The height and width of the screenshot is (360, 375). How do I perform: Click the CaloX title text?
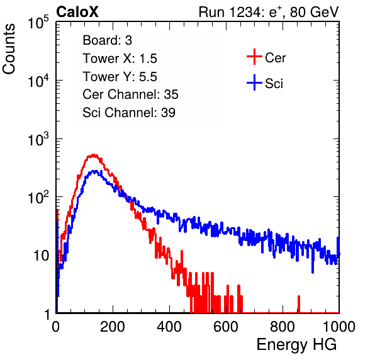tap(77, 12)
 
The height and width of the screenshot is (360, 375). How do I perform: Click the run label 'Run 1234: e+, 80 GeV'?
tap(269, 12)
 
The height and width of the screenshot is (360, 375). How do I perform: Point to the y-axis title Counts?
tap(9, 49)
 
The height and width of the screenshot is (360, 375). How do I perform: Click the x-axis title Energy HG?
tap(296, 345)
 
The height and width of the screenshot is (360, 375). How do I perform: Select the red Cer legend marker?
tap(254, 57)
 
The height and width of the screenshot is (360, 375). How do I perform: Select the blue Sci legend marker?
tap(254, 82)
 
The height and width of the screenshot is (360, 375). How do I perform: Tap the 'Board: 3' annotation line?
tap(107, 40)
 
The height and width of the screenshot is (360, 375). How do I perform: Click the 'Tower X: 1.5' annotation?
tap(120, 59)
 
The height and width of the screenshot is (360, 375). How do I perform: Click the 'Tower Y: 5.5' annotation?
tap(120, 77)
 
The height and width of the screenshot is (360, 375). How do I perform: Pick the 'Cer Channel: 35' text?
tap(130, 94)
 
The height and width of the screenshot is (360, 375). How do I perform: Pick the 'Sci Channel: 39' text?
tap(129, 113)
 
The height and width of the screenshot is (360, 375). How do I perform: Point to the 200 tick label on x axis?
tap(113, 327)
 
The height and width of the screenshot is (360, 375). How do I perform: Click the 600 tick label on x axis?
tap(226, 327)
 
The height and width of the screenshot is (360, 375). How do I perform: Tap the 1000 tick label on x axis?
tap(339, 327)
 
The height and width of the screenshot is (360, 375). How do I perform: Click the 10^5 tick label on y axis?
tap(38, 23)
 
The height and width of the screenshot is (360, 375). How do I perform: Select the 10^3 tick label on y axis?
tap(38, 139)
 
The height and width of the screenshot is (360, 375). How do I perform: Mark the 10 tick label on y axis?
tap(41, 256)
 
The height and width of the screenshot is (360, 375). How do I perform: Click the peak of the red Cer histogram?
tap(93, 155)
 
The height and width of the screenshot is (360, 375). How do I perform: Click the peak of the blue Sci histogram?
tap(95, 171)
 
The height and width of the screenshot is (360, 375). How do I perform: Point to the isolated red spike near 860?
tap(299, 304)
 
